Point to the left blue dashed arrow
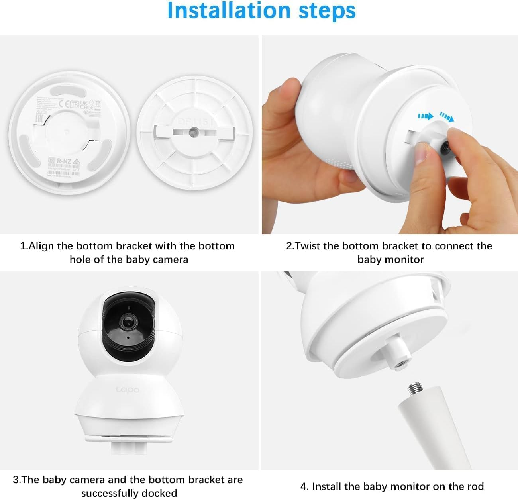[425, 116]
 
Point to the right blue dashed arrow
[447, 117]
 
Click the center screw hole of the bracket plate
[194, 132]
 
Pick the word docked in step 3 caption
[159, 493]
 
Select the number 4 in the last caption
[304, 486]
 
